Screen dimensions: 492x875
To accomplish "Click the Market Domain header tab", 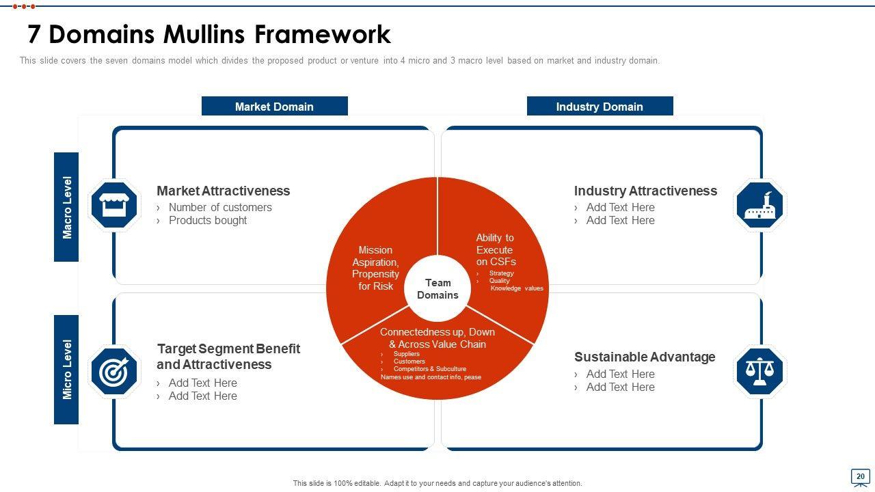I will (274, 107).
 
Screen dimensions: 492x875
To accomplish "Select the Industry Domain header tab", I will (600, 107).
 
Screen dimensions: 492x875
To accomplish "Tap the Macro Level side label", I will (67, 207).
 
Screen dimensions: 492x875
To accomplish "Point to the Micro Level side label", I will (67, 370).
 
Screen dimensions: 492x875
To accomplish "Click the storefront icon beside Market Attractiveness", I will (114, 205).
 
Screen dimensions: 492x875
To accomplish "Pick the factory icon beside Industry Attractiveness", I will (759, 205).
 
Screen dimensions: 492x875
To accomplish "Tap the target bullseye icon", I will (114, 372).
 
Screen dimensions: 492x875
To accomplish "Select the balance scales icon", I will (759, 372).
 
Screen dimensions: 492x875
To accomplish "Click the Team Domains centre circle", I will (437, 288).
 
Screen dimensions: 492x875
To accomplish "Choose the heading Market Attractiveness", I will (223, 191).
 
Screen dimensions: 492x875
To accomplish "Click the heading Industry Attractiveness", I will (645, 191).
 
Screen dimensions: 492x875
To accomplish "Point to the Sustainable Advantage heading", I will (645, 357).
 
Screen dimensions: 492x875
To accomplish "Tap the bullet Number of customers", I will (220, 207).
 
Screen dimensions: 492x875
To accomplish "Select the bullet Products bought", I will (208, 220).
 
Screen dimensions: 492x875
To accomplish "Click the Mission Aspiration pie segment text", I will (375, 268).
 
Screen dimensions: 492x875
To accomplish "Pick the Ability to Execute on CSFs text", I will (496, 249).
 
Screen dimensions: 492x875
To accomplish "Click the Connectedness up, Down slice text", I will (437, 338).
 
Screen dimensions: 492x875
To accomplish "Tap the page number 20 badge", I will (860, 476).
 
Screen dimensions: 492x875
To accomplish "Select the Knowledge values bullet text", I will (517, 288).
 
